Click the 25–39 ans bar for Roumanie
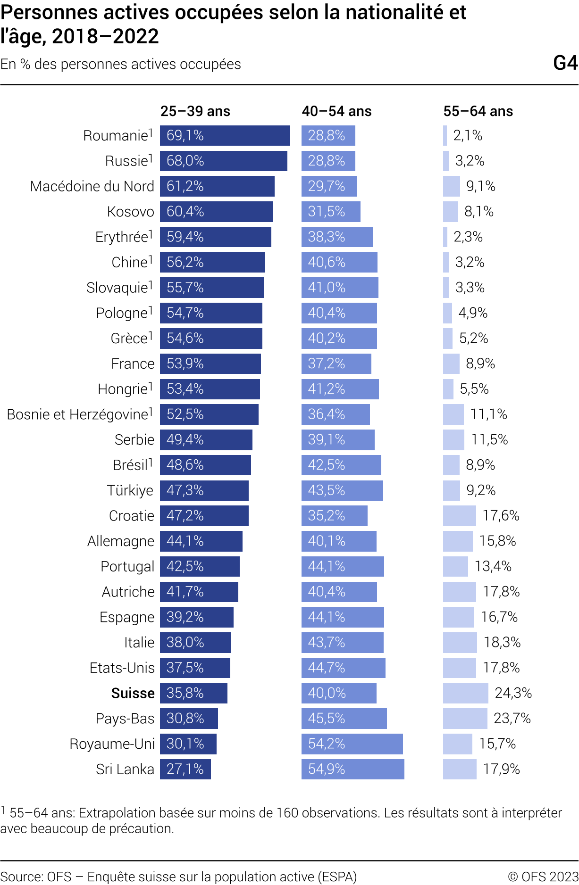pos(225,136)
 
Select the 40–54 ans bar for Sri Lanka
pos(353,769)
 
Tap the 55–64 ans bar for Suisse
pos(465,693)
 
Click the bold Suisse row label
pos(133,693)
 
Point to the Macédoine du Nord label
pos(92,186)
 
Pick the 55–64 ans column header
pos(478,111)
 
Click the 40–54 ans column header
pos(336,111)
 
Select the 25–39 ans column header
pos(195,111)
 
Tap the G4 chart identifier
pos(565,63)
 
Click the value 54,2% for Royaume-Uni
pos(327,744)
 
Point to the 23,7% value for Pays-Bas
pos(512,719)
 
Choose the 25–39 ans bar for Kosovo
pos(217,212)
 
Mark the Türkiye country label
pos(130,490)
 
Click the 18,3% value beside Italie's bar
pos(502,642)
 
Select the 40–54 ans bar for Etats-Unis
pos(344,668)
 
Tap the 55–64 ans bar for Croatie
pos(459,516)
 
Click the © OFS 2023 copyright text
pos(543,877)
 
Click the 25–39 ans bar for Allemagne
pos(201,541)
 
